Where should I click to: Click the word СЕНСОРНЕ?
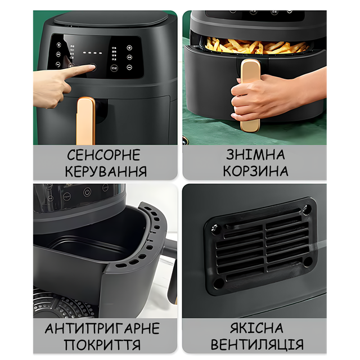tap(103, 155)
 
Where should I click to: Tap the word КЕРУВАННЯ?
tap(106, 171)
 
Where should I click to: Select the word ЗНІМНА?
tap(255, 154)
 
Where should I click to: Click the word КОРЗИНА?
tap(255, 171)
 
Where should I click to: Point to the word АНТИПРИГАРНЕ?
tap(102, 328)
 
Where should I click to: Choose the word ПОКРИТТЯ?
tap(102, 345)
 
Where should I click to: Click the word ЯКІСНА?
tap(256, 328)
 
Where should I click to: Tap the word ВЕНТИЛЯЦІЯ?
tap(257, 344)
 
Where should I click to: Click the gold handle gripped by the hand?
tap(250, 95)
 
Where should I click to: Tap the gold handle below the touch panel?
tap(85, 121)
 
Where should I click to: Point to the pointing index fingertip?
tap(92, 67)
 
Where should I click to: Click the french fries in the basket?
tap(256, 46)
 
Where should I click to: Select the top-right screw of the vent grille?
tap(307, 209)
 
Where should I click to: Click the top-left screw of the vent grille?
tap(215, 228)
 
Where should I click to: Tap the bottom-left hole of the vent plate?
tap(218, 283)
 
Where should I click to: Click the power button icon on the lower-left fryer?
tap(87, 192)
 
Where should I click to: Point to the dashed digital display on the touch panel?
tap(92, 53)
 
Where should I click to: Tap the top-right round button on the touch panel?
tap(129, 48)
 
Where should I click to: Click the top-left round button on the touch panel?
tap(58, 45)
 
